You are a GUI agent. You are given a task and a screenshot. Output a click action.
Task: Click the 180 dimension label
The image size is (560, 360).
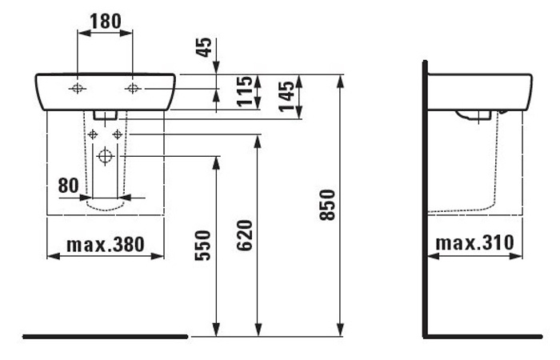[x=106, y=22]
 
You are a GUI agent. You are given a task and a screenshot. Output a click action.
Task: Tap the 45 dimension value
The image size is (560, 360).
[x=205, y=47]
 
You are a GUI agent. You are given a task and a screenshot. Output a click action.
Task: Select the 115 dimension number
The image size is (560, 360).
[x=245, y=91]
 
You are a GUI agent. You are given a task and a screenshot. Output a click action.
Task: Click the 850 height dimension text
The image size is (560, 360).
[x=327, y=205]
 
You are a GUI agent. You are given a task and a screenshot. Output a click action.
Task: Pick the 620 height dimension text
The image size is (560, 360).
[x=245, y=235]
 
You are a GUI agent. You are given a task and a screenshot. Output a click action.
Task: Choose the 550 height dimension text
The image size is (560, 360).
[x=203, y=246]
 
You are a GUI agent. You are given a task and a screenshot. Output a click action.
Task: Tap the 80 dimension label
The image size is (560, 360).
[x=69, y=186]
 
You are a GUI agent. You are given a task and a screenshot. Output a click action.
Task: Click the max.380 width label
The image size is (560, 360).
[x=106, y=245]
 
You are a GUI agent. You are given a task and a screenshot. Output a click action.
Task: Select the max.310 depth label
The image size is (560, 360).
[x=474, y=243]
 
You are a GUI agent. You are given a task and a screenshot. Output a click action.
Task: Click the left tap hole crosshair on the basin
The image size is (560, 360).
[x=77, y=88]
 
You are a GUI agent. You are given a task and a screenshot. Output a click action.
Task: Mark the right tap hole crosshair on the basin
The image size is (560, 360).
[x=133, y=88]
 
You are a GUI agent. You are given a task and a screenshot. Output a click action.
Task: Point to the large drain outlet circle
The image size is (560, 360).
[x=105, y=156]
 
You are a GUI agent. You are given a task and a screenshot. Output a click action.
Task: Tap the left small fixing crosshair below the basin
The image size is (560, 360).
[x=93, y=134]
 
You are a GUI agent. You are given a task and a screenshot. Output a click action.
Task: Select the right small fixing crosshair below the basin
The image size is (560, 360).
[x=117, y=134]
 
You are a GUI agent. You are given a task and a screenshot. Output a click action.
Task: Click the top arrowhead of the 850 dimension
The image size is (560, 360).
[x=340, y=82]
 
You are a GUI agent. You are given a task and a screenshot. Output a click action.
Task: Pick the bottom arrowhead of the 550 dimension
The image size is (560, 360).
[x=216, y=330]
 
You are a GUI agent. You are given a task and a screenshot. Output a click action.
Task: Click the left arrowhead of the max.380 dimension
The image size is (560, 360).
[x=54, y=256]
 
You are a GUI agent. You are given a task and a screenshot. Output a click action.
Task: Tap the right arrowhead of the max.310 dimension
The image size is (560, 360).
[x=516, y=256]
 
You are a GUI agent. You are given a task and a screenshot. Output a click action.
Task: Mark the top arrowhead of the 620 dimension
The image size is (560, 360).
[x=258, y=142]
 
